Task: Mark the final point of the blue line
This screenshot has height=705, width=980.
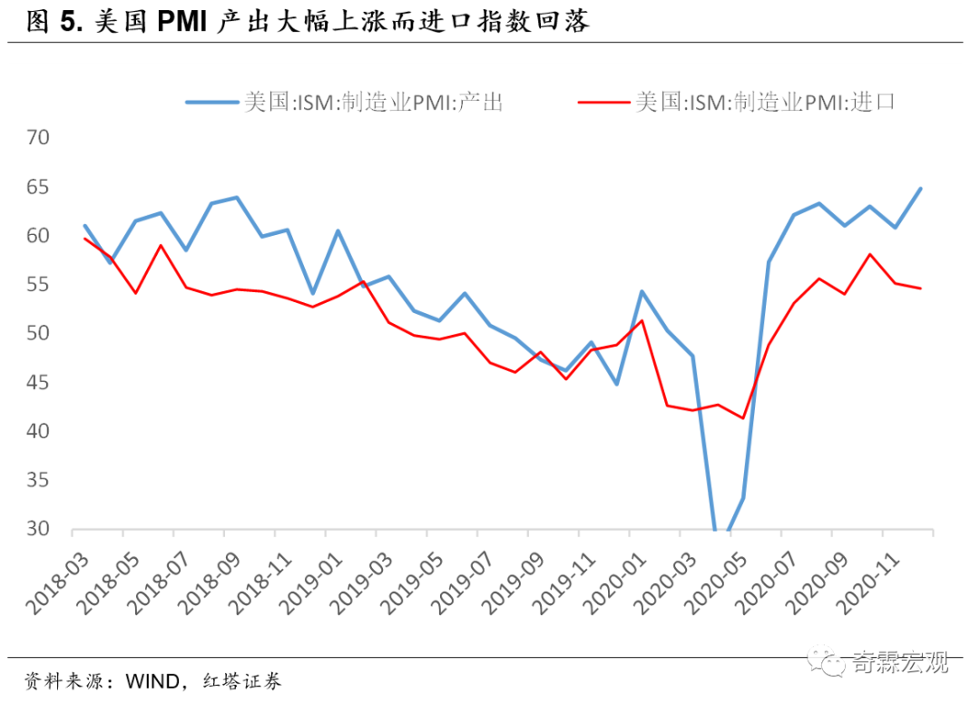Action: coord(921,189)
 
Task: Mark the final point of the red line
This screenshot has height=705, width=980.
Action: coord(921,289)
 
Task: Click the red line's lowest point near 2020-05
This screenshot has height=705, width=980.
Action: coord(743,418)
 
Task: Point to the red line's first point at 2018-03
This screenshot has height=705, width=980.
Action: coord(85,239)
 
